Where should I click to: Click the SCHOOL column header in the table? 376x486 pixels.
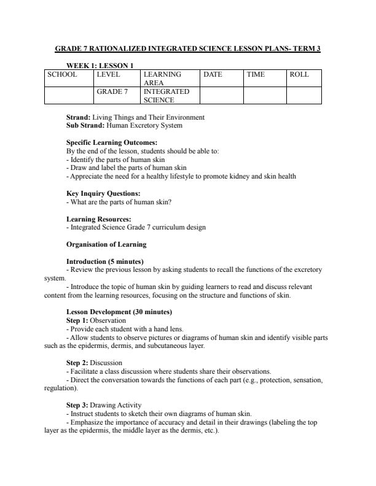click(63, 74)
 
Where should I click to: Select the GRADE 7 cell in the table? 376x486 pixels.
click(112, 91)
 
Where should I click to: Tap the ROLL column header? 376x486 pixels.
click(299, 74)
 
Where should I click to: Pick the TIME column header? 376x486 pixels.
click(256, 74)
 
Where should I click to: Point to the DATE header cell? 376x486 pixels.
click(213, 74)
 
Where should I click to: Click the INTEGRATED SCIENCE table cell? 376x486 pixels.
click(166, 95)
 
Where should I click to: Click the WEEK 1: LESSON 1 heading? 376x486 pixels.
click(100, 65)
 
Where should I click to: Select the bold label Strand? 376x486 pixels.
click(79, 117)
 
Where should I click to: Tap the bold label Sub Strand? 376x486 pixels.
click(85, 125)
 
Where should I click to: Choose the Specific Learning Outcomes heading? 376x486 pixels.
click(108, 142)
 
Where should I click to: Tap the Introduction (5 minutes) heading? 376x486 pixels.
click(104, 261)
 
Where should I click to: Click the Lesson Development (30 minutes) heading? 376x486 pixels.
click(114, 312)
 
